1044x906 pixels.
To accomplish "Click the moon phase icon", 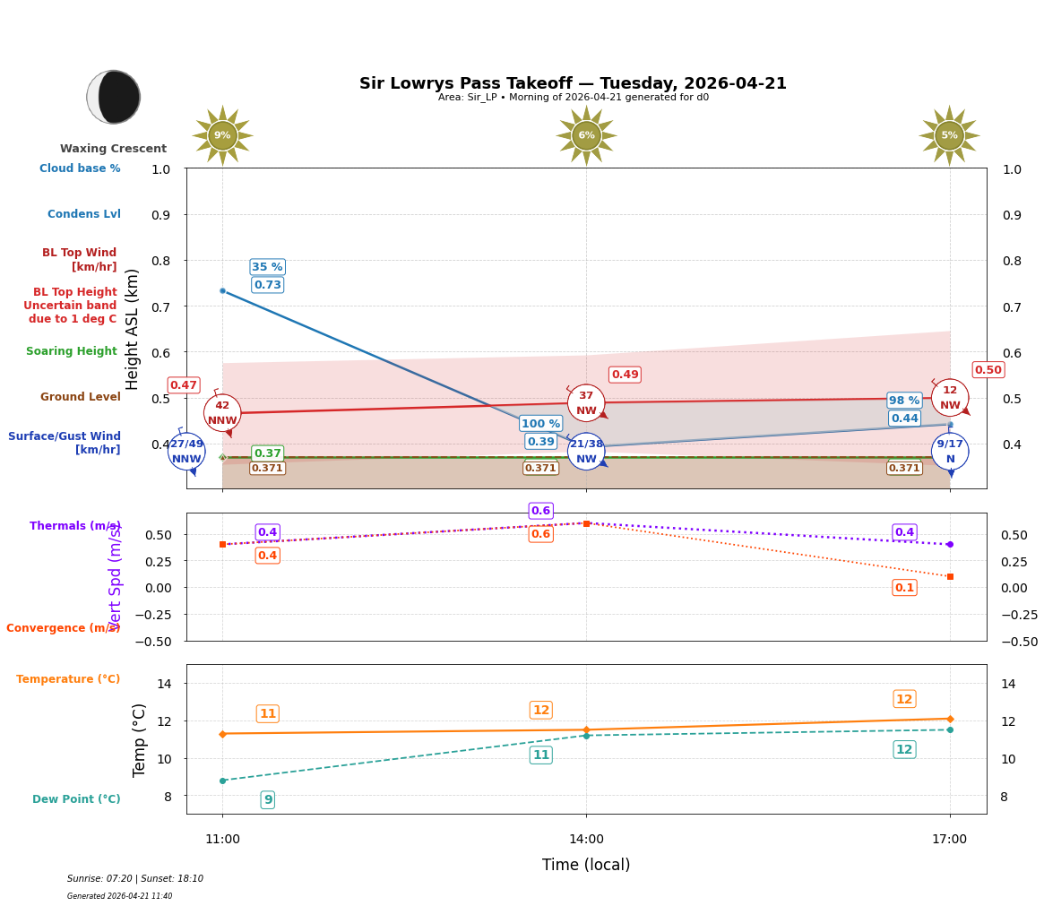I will tap(114, 97).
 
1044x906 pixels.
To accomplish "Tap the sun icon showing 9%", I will tap(222, 135).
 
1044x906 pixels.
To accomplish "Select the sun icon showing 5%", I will tap(949, 135).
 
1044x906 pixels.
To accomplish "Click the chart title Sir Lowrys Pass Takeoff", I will tap(573, 83).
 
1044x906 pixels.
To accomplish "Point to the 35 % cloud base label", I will tap(267, 267).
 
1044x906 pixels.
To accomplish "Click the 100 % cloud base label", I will tap(540, 424).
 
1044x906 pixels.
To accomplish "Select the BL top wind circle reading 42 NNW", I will tap(222, 413).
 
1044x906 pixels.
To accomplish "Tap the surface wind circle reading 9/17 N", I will tap(950, 452).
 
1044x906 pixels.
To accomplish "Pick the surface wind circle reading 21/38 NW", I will tap(586, 452).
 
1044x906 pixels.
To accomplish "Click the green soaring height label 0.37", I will tap(267, 453).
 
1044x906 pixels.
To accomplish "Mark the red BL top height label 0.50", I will tap(988, 370).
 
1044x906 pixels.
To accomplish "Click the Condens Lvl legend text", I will tap(84, 214).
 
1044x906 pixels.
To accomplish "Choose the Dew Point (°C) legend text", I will tap(76, 799).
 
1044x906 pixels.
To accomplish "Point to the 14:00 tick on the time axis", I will tap(586, 840).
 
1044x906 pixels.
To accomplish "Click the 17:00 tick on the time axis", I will tap(949, 840).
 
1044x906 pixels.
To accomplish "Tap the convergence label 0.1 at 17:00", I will tap(904, 588).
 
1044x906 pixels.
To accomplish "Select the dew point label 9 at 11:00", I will tap(267, 799).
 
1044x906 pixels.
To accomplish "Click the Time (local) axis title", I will tap(586, 865).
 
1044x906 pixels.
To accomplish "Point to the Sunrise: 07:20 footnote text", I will tap(135, 879).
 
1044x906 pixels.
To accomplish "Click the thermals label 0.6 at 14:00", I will tap(540, 511).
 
